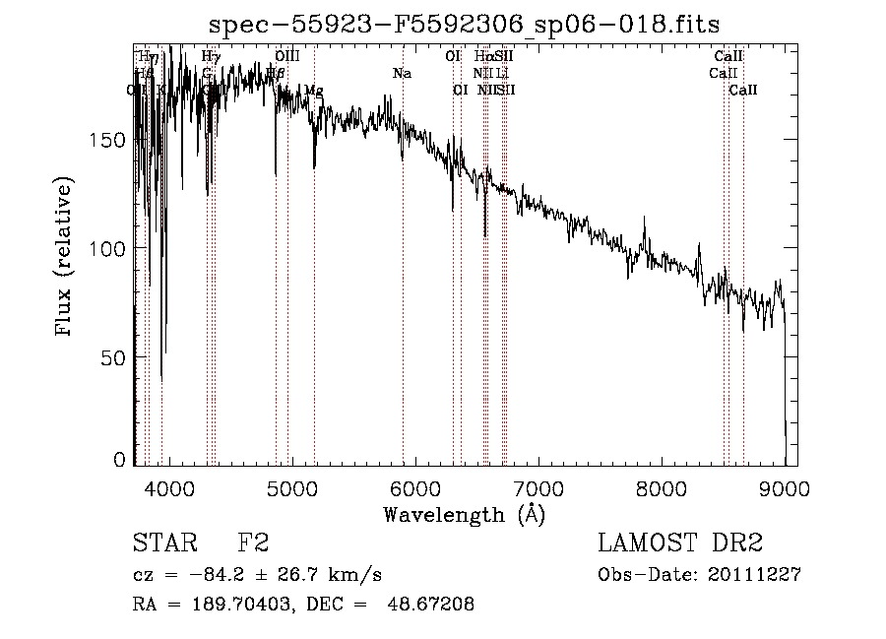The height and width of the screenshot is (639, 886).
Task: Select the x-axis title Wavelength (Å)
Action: (x=464, y=514)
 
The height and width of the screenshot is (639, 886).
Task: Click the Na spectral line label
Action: (x=402, y=74)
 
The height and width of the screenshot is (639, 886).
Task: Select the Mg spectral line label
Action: (x=313, y=91)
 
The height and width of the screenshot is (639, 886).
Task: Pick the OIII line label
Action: (x=287, y=57)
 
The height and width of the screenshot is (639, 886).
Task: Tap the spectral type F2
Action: (x=253, y=543)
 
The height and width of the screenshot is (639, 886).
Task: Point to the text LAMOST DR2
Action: (x=680, y=543)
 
